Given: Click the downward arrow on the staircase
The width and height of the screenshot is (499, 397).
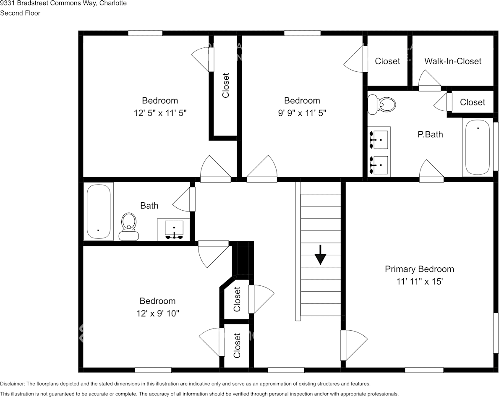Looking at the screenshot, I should coord(320,255).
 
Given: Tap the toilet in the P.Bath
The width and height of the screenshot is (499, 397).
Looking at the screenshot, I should coord(382,104).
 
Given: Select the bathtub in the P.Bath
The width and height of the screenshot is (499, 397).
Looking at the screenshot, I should coord(477,147).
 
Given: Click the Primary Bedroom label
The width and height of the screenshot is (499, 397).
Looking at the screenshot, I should coord(419,269).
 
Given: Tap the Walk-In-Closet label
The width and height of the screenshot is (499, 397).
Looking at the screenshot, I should coord(452,61).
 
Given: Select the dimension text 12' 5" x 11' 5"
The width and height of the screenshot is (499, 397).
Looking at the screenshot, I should coord(160,113).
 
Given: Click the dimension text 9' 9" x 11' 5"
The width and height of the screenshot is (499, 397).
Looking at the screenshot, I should coord(302,113).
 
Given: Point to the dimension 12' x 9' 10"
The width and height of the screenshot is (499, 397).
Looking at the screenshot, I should coord(157,313).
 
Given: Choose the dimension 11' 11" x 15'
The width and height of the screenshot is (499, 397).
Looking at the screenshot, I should coord(419,282).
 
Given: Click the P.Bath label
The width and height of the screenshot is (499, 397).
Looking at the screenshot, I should coord(430,135).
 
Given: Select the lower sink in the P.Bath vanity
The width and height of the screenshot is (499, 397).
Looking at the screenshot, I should coord(379,165).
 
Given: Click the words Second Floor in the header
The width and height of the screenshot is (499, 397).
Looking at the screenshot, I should coord(20,13).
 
